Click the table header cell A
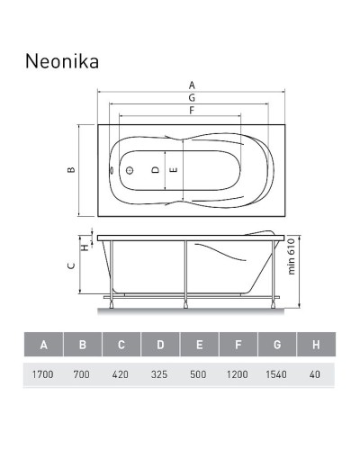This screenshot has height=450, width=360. tap(42, 345)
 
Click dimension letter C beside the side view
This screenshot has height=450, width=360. tap(70, 267)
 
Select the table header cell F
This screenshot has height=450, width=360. tap(238, 345)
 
